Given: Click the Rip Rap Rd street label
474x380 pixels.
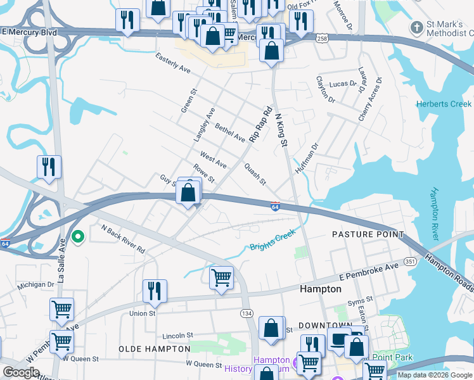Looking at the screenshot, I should click(261, 123).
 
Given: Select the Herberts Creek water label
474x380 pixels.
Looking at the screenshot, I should click(444, 104).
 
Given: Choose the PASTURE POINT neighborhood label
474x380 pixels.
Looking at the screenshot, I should click(368, 234).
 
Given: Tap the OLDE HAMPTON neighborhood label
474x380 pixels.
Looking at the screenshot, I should click(155, 349).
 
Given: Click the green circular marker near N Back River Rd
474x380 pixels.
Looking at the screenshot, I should click(78, 237).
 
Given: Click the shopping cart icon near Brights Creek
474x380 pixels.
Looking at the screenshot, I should click(221, 277).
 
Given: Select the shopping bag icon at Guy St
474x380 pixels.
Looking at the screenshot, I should click(188, 192).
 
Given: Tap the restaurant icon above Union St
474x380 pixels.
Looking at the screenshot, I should click(155, 291).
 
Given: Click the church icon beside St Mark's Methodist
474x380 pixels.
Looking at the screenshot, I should click(416, 28).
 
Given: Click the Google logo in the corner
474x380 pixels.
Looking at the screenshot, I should click(21, 372).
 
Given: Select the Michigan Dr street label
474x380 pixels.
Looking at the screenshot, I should click(35, 285).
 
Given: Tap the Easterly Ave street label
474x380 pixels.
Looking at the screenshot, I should click(174, 62).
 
